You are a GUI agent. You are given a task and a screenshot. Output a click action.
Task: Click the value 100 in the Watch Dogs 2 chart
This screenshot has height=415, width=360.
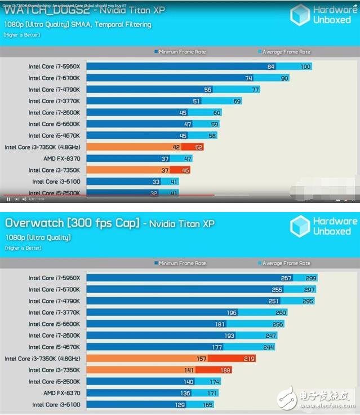(x=305, y=67)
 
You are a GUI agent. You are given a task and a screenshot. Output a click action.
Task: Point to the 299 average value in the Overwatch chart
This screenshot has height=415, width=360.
(x=312, y=278)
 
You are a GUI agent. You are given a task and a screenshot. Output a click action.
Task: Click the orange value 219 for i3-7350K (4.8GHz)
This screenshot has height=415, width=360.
(x=250, y=359)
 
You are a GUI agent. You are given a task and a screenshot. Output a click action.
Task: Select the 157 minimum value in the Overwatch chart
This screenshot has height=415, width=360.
(x=217, y=359)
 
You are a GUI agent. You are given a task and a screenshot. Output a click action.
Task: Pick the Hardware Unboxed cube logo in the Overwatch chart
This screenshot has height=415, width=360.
(x=300, y=226)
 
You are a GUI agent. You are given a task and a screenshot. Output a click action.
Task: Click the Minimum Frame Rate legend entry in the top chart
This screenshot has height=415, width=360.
(x=180, y=52)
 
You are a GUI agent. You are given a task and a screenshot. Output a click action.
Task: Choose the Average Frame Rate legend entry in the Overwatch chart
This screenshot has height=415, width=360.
(x=285, y=263)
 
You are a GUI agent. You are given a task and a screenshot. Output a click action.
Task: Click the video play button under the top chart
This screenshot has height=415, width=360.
(x=8, y=199)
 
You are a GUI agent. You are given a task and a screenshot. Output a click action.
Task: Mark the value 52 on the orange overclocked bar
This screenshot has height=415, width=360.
(x=198, y=147)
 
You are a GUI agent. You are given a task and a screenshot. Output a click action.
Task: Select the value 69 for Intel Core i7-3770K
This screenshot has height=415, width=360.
(x=237, y=101)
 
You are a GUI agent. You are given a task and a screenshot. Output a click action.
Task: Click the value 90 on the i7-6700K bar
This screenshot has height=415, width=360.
(x=284, y=78)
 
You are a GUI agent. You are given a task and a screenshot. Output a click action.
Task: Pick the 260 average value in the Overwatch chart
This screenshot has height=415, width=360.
(x=281, y=312)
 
